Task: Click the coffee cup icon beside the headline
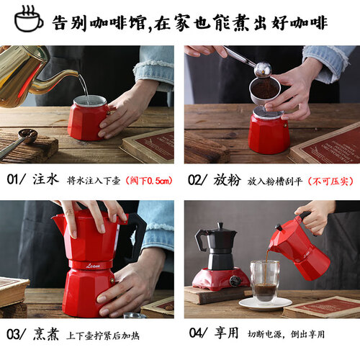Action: [28, 19]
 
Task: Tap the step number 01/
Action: [16, 179]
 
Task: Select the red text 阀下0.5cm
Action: [149, 181]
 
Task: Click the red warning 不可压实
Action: [331, 181]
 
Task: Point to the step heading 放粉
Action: [227, 180]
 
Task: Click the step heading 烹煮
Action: [46, 334]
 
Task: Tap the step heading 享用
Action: [227, 333]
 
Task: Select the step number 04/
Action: [198, 333]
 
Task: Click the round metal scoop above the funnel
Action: [263, 69]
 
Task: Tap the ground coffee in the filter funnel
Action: [265, 89]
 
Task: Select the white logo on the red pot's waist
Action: [94, 266]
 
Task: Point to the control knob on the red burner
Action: [235, 281]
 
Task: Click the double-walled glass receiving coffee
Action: [265, 282]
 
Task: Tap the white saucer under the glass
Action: [265, 304]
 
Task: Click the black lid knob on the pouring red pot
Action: [279, 227]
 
